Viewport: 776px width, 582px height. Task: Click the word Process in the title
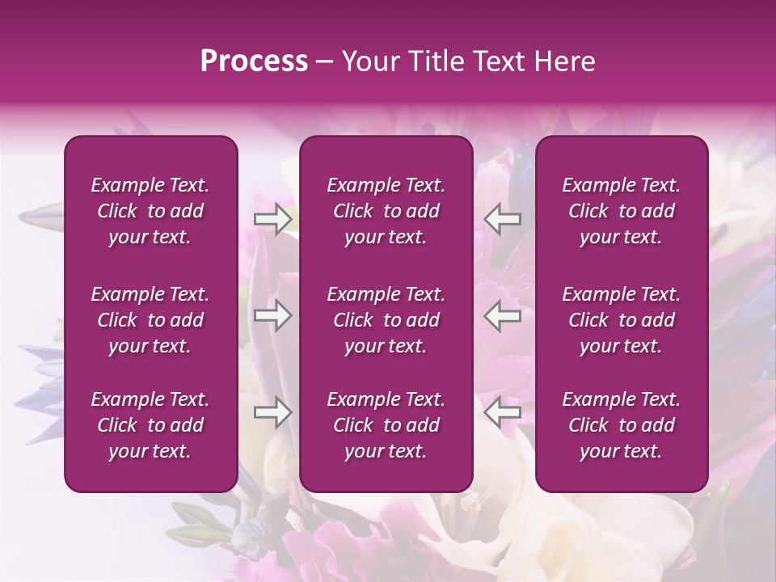[254, 62]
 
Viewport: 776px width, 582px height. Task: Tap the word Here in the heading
[566, 62]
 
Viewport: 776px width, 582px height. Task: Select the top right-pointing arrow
[272, 218]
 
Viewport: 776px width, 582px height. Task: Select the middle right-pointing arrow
[272, 315]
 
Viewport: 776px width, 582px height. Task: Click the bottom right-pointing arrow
[272, 413]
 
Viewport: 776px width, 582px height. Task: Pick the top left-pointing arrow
[503, 218]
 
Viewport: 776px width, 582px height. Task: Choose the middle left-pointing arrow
[503, 315]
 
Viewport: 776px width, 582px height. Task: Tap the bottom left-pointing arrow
[503, 413]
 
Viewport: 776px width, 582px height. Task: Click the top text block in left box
[150, 211]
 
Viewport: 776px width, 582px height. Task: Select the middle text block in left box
[150, 320]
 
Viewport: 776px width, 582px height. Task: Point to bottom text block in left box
[150, 425]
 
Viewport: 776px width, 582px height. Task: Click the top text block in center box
[386, 211]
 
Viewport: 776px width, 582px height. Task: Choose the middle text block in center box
[386, 320]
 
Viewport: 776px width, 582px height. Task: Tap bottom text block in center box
[386, 425]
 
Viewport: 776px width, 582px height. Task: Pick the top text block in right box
[622, 211]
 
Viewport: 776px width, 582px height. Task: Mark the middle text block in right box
[622, 320]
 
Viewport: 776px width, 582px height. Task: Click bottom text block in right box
[622, 425]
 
